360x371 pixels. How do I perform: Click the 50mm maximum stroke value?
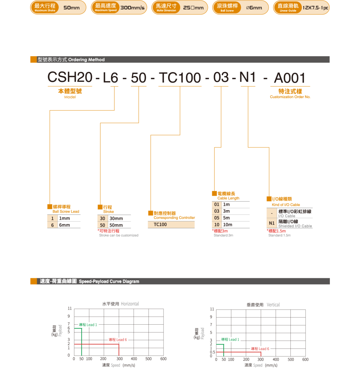pyautogui.click(x=71, y=8)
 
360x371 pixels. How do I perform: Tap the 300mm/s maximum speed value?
pyautogui.click(x=132, y=8)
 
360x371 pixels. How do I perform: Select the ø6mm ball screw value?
pyautogui.click(x=254, y=8)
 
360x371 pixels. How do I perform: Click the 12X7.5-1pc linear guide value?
pyautogui.click(x=315, y=8)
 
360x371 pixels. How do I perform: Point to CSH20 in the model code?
pyautogui.click(x=70, y=78)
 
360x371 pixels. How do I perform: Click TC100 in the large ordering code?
pyautogui.click(x=180, y=78)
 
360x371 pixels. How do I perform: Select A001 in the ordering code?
pyautogui.click(x=290, y=78)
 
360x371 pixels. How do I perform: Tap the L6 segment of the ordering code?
pyautogui.click(x=111, y=78)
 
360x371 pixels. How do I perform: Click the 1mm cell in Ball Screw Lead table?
pyautogui.click(x=65, y=218)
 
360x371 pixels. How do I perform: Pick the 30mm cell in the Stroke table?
pyautogui.click(x=116, y=218)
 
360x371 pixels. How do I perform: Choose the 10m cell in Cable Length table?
pyautogui.click(x=228, y=225)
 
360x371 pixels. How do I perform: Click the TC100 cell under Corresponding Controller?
pyautogui.click(x=160, y=225)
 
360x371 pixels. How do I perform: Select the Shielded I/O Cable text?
pyautogui.click(x=295, y=226)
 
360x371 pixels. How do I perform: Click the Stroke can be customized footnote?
pyautogui.click(x=119, y=235)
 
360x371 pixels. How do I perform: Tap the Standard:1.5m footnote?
pyautogui.click(x=280, y=235)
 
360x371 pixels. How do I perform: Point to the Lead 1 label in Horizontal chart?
pyautogui.click(x=88, y=325)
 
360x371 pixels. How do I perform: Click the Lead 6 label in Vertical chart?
pyautogui.click(x=260, y=349)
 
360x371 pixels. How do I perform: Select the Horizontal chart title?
pyautogui.click(x=120, y=304)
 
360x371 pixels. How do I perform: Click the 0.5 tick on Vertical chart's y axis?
pyautogui.click(x=212, y=352)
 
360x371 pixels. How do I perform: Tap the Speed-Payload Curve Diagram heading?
pyautogui.click(x=109, y=282)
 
